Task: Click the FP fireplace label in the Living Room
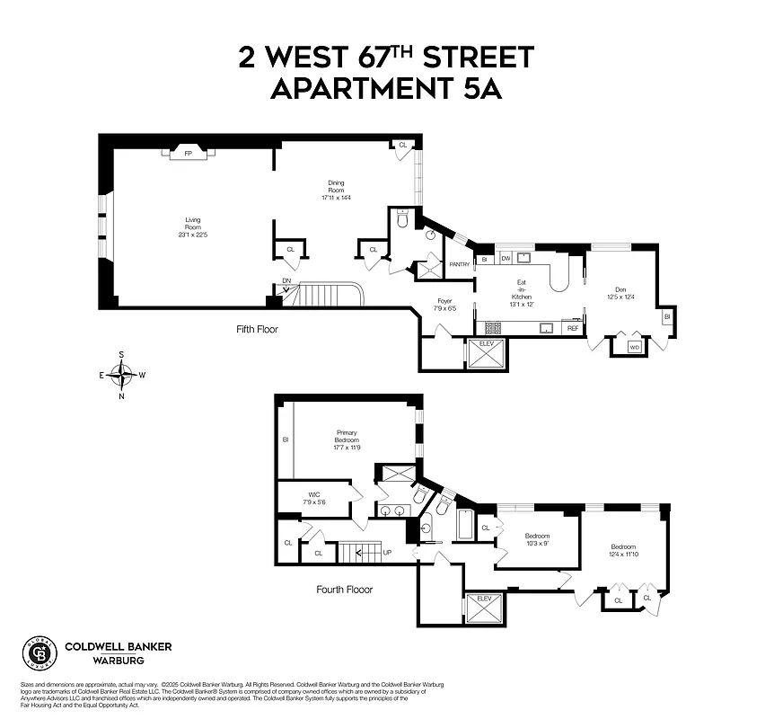tap(188, 154)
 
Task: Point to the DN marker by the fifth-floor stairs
tap(286, 280)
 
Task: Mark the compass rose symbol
tap(123, 374)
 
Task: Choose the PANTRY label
tap(460, 264)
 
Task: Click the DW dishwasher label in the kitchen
tap(506, 259)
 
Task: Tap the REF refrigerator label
tap(572, 329)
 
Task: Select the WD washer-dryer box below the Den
tap(634, 346)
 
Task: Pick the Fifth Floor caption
tap(257, 329)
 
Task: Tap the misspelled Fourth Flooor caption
tap(344, 590)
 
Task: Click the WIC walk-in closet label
tap(313, 498)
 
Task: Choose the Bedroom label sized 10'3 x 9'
tap(541, 539)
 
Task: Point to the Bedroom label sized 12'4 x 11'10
tap(623, 550)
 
